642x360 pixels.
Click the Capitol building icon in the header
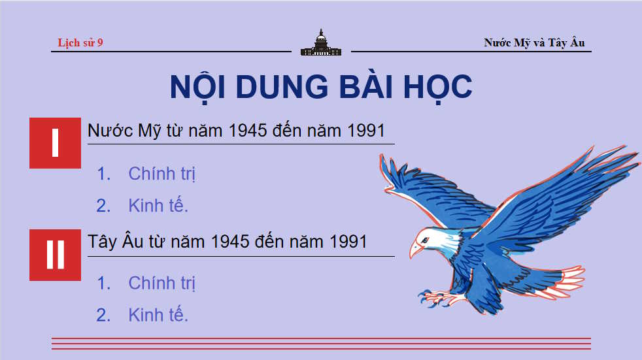click(x=320, y=43)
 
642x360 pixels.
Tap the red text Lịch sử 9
click(x=80, y=43)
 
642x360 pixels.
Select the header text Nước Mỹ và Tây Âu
click(x=534, y=43)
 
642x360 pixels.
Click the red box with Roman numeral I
click(x=55, y=143)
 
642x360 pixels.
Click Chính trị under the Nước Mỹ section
click(x=162, y=174)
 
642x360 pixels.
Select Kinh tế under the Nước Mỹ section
click(x=158, y=206)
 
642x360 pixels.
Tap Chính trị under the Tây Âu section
click(x=162, y=283)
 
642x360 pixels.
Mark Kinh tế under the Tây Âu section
click(x=158, y=315)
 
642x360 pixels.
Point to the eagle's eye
click(x=426, y=239)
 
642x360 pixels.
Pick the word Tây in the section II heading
click(x=103, y=241)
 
